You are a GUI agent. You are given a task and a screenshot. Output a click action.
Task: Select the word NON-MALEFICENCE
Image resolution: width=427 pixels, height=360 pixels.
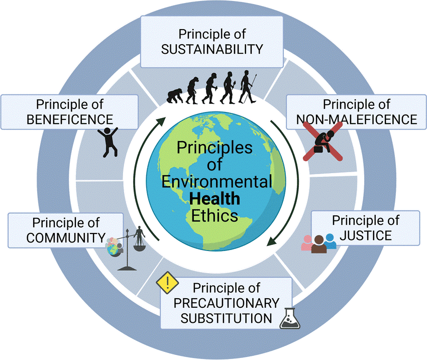tap(357, 119)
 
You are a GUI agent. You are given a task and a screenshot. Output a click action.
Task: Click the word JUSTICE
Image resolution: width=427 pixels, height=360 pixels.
tap(366, 234)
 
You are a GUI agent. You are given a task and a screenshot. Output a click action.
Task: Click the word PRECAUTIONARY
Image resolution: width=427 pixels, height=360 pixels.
tap(226, 303)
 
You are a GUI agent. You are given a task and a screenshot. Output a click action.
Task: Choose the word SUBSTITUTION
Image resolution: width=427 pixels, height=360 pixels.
tap(227, 318)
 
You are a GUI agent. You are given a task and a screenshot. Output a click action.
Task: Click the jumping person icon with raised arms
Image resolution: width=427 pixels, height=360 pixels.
tap(108, 140)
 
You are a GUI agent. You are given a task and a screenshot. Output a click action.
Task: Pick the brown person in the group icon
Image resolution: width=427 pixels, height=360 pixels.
tap(318, 244)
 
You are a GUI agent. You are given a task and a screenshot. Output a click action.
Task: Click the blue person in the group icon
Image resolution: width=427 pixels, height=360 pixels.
tap(330, 241)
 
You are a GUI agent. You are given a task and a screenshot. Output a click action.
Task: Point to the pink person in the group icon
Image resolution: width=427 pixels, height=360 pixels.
tap(307, 243)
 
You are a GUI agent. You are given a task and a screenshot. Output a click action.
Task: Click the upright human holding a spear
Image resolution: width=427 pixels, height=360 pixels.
tap(247, 85)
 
